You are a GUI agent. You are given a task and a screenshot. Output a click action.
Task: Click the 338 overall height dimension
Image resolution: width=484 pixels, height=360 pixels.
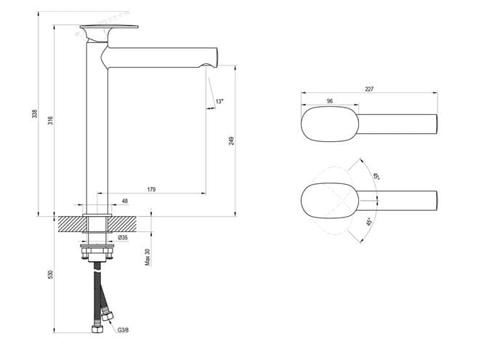pyautogui.click(x=35, y=113)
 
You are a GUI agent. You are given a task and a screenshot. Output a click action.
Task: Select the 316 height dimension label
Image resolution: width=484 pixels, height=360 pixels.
pyautogui.click(x=51, y=120)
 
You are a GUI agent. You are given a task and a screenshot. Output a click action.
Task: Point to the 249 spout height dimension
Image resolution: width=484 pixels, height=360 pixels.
pyautogui.click(x=232, y=141)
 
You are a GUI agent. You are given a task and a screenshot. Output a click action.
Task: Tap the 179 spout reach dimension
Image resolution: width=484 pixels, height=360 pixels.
pyautogui.click(x=151, y=189)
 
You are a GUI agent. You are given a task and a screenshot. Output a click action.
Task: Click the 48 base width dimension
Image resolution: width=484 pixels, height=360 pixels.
pyautogui.click(x=125, y=201)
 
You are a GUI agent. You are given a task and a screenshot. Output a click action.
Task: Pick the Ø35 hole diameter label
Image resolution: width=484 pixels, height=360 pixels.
pyautogui.click(x=123, y=238)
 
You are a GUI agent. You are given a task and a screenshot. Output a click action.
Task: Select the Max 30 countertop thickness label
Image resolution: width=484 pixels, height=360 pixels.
pyautogui.click(x=148, y=257)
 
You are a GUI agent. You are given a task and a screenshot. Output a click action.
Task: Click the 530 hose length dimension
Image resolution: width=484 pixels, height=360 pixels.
pyautogui.click(x=51, y=274)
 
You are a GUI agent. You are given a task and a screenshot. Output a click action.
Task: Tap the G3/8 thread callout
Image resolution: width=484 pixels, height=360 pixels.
pyautogui.click(x=123, y=330)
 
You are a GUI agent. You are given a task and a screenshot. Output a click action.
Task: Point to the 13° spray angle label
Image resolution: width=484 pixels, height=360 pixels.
pyautogui.click(x=219, y=101)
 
